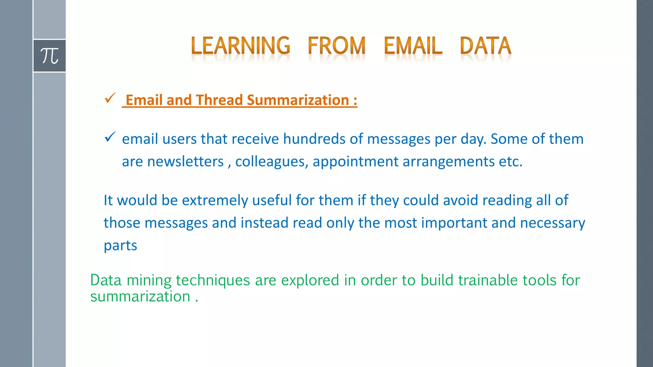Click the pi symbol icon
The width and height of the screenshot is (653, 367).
[x=49, y=56]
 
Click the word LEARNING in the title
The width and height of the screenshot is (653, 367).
[x=240, y=46]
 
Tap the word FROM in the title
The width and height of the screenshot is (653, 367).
[x=336, y=46]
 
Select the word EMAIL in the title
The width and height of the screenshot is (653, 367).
[x=413, y=46]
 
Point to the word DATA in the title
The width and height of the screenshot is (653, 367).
[x=485, y=46]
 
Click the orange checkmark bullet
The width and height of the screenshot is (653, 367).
[x=110, y=98]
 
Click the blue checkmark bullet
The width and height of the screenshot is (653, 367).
[x=110, y=137]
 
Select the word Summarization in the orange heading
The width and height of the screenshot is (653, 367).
[x=298, y=100]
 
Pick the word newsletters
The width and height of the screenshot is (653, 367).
[x=185, y=162]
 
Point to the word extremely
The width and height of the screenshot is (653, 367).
[x=215, y=200]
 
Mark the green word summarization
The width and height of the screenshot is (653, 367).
[x=140, y=297]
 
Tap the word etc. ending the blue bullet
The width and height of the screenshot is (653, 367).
[x=510, y=162]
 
